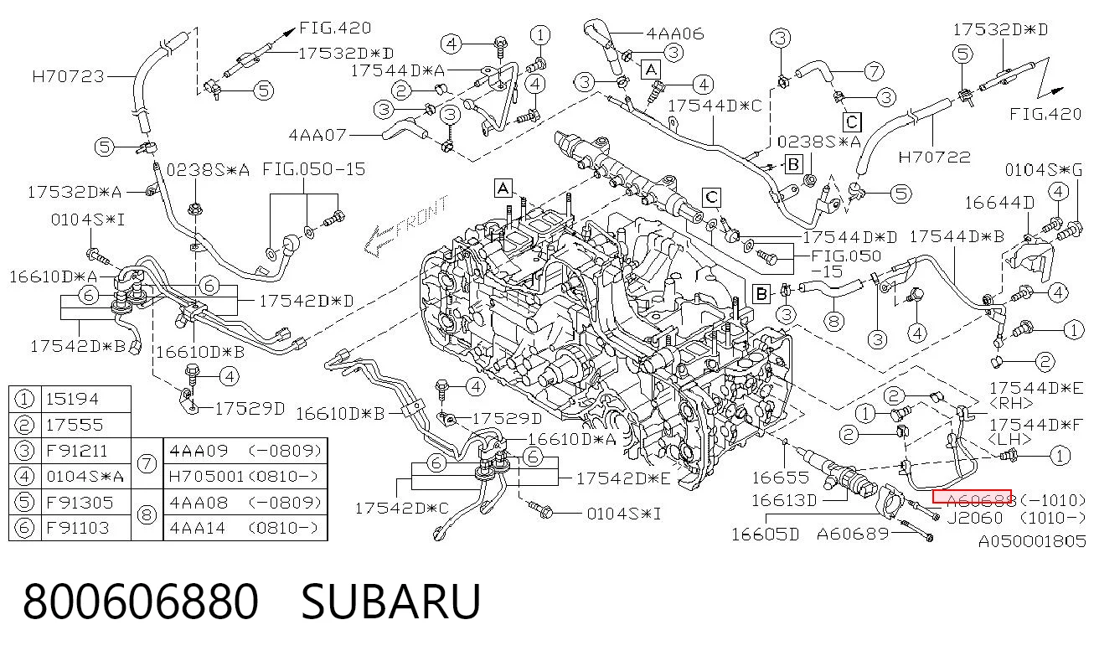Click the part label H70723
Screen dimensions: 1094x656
click(69, 77)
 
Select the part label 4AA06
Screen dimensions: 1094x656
click(675, 34)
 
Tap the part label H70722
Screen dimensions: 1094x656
click(934, 158)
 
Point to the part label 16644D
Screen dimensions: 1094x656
click(999, 203)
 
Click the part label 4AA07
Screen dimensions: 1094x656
click(317, 135)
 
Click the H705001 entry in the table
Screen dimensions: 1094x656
click(205, 476)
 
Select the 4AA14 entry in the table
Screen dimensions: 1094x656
click(197, 528)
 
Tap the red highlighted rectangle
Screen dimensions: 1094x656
click(972, 496)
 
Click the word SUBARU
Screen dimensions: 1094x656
click(391, 602)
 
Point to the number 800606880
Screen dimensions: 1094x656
click(141, 602)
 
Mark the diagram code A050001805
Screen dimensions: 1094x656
click(1032, 541)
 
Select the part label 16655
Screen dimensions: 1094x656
click(781, 478)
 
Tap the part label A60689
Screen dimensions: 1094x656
click(853, 534)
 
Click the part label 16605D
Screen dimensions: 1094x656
click(766, 535)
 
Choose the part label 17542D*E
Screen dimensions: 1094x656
click(624, 479)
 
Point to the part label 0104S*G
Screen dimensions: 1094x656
click(1043, 170)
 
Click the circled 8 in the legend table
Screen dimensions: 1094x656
click(147, 515)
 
